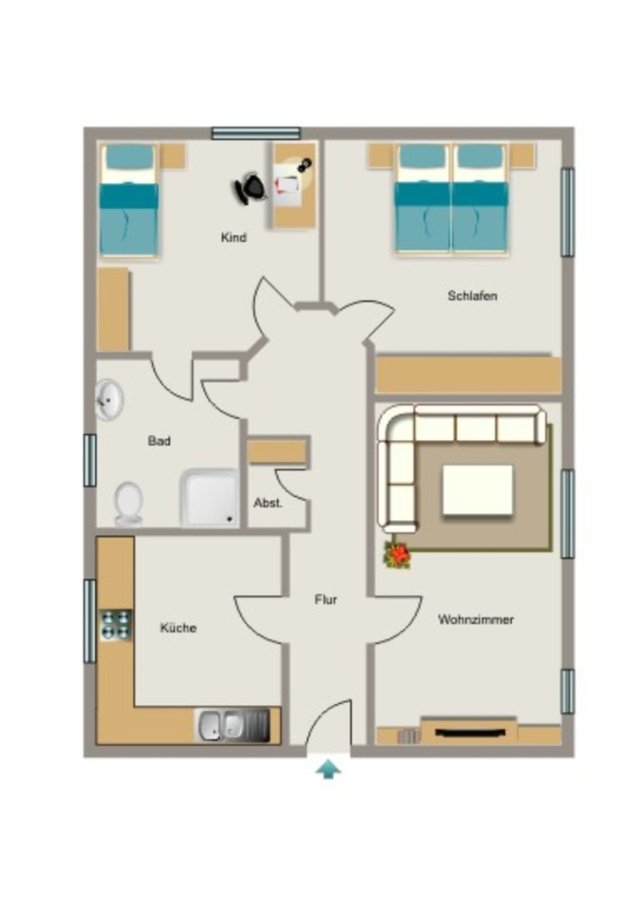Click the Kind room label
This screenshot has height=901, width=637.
(x=234, y=238)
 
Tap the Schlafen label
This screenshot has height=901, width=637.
(x=472, y=296)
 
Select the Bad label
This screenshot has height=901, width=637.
(x=159, y=441)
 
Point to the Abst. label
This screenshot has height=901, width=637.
(x=267, y=502)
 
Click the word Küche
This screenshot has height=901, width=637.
(x=178, y=628)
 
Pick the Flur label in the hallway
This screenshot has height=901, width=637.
(x=326, y=599)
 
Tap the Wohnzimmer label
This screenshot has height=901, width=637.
(x=476, y=619)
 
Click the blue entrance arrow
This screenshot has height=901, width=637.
(x=328, y=769)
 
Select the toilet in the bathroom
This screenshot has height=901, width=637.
(x=128, y=504)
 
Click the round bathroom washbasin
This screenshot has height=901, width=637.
(x=109, y=399)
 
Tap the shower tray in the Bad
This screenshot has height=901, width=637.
(x=209, y=498)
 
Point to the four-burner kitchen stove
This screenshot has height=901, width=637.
(x=116, y=626)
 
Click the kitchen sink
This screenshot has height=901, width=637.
(x=232, y=725)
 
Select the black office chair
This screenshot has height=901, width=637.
(x=250, y=188)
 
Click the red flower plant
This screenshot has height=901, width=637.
(x=398, y=555)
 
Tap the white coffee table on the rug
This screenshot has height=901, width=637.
(x=478, y=490)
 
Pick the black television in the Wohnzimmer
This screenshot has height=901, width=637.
(x=471, y=732)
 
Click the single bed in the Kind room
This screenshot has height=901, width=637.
(x=129, y=200)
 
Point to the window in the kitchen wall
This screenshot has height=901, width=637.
(x=90, y=621)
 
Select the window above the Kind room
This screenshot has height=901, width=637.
(x=256, y=134)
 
